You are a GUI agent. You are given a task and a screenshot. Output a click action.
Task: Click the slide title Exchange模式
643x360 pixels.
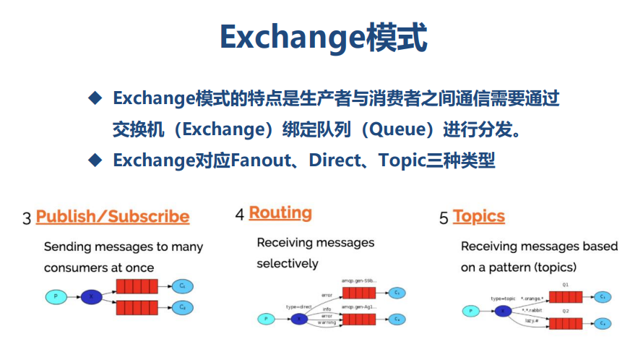[323, 38]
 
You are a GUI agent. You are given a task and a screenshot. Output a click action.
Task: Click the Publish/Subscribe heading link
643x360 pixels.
[113, 217]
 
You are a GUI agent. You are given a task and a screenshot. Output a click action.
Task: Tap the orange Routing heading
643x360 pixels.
[280, 213]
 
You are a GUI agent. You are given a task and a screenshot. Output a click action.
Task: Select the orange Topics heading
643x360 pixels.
[478, 217]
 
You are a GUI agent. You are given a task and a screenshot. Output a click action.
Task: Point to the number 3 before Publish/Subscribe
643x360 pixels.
[27, 218]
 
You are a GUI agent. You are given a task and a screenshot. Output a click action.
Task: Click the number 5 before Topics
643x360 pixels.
[444, 218]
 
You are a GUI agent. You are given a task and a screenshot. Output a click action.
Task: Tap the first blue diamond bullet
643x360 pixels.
[94, 98]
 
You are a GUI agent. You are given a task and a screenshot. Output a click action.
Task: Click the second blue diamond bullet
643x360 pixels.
[94, 160]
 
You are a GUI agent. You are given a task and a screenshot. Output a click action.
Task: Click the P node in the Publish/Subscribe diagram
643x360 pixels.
[55, 296]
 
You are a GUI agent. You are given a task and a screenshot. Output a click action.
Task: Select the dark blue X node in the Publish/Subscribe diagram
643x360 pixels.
[92, 296]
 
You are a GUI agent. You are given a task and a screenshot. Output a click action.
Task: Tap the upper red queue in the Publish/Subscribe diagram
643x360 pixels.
[137, 286]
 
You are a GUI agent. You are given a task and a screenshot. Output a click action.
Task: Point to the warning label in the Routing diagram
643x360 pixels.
[327, 323]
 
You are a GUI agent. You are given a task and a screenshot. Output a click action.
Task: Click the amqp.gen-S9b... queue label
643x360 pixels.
[358, 279]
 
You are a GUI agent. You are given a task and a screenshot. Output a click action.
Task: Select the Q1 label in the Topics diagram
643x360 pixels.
[565, 285]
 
